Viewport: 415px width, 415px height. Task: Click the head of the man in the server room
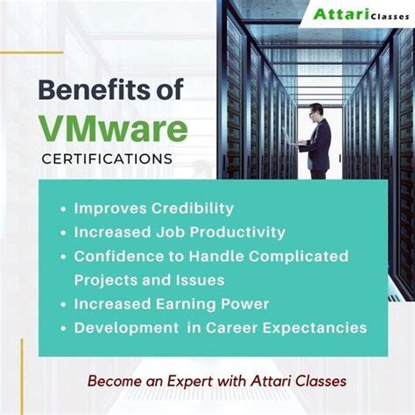pyautogui.click(x=316, y=110)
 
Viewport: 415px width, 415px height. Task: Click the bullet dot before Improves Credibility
pyautogui.click(x=63, y=209)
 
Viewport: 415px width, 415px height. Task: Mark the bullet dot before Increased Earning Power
pyautogui.click(x=63, y=304)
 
